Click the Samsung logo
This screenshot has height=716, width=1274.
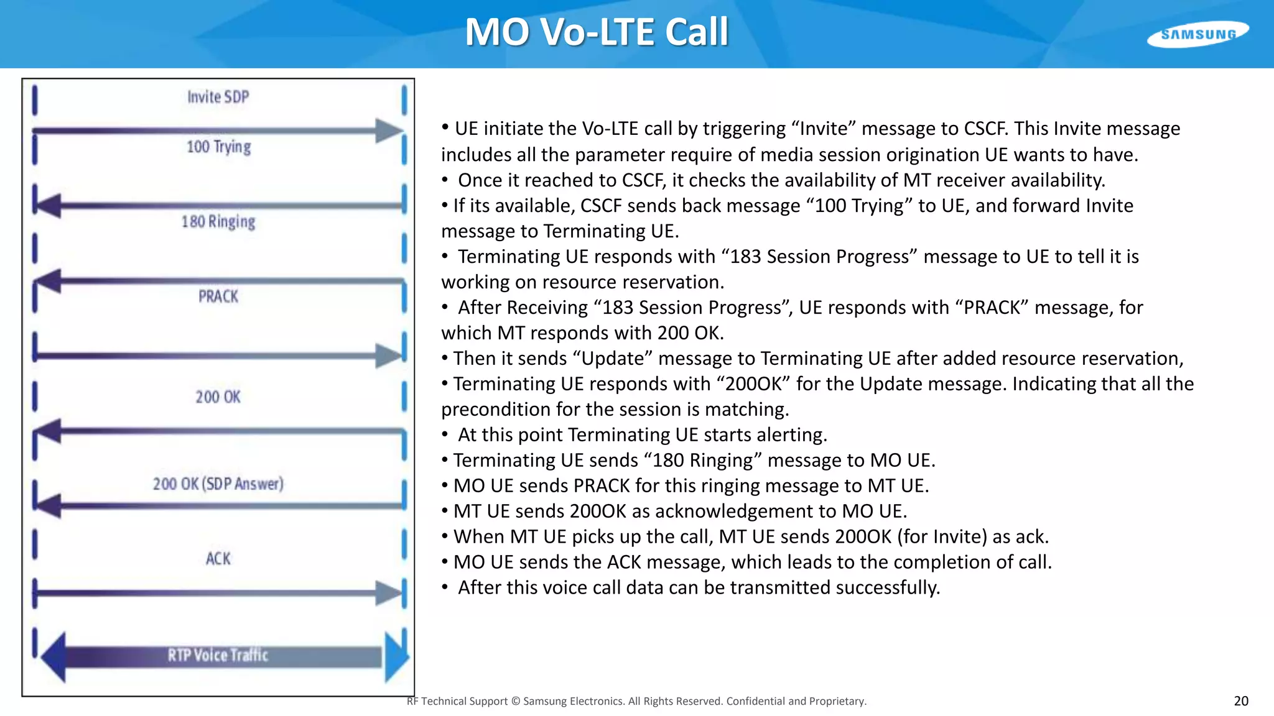click(1197, 34)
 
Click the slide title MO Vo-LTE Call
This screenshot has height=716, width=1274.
click(597, 32)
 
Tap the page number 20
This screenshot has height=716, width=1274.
click(1240, 701)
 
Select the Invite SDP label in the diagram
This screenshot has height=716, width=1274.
click(218, 97)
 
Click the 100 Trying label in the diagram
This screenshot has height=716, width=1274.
click(218, 147)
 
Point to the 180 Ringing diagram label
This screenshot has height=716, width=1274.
click(218, 222)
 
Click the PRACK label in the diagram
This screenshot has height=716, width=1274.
click(218, 296)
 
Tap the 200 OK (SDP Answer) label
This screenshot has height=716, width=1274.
click(218, 484)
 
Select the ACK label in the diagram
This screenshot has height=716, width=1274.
click(218, 559)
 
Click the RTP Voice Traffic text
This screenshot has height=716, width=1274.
click(218, 655)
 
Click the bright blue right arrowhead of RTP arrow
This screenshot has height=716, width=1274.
click(396, 656)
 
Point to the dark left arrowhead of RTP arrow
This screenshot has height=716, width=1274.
click(53, 656)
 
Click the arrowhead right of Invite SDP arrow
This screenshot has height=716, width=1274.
click(389, 131)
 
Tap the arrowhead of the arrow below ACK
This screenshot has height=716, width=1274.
click(389, 593)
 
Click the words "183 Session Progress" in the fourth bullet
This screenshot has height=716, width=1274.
click(819, 257)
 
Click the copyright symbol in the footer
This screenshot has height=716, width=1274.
click(515, 701)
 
